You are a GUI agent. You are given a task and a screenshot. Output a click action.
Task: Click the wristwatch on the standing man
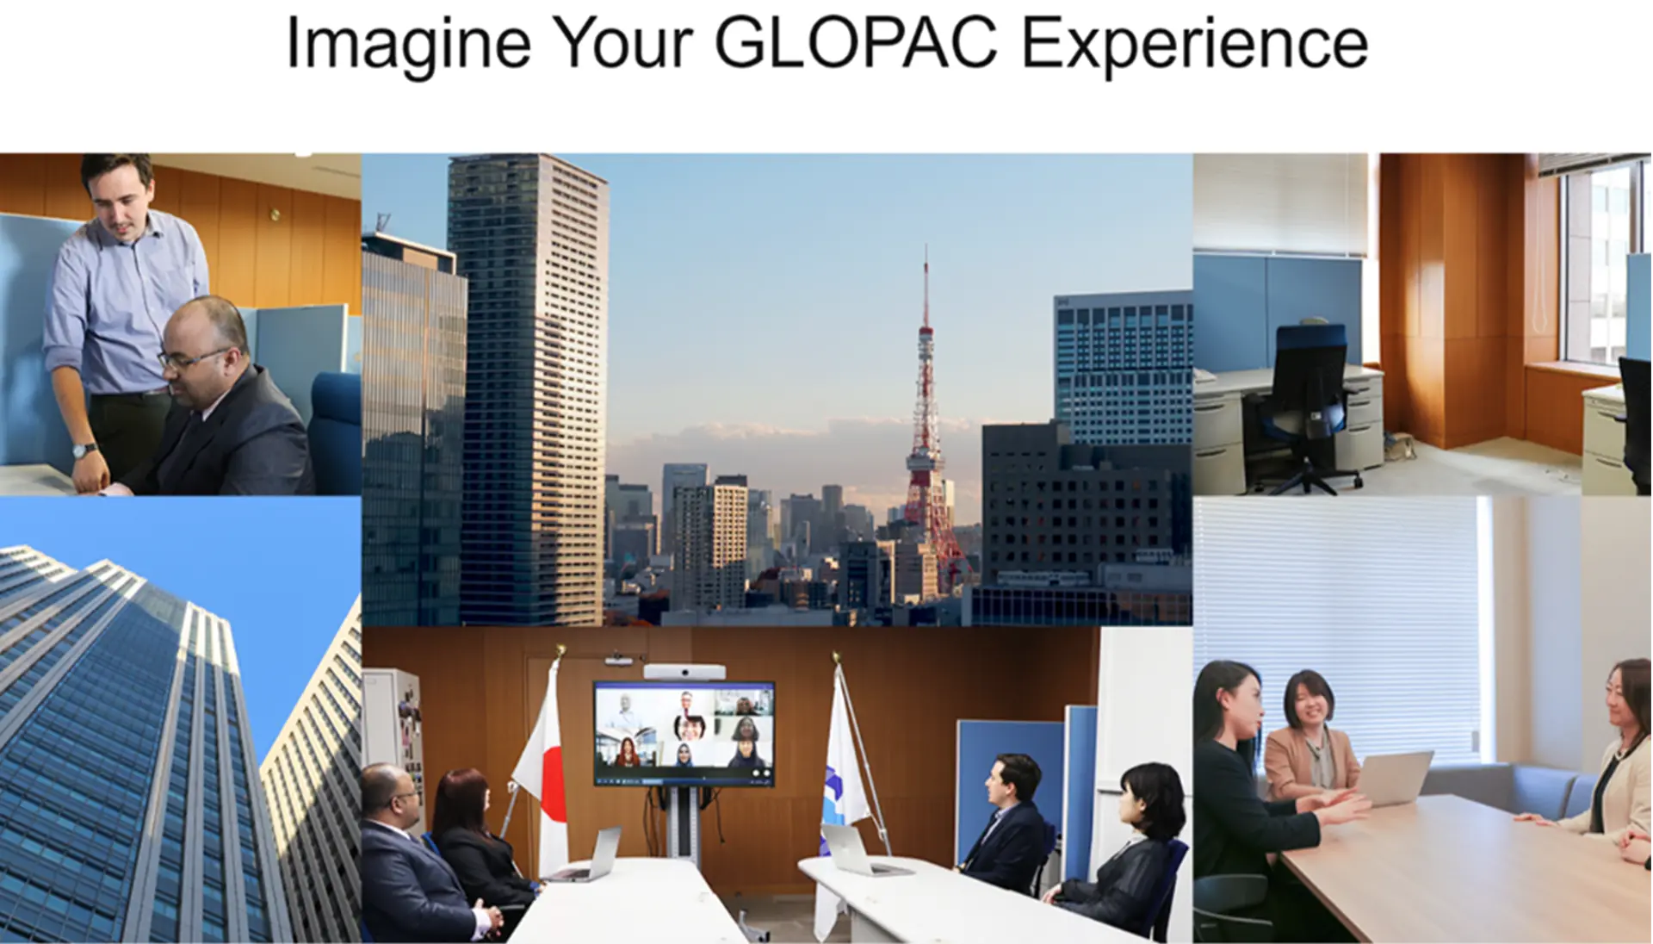point(84,450)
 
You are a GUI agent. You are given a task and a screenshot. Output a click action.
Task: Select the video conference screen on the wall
point(684,733)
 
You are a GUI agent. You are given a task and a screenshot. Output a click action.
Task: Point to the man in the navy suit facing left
point(1004,823)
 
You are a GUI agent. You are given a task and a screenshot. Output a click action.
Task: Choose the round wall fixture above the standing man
point(276,214)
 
